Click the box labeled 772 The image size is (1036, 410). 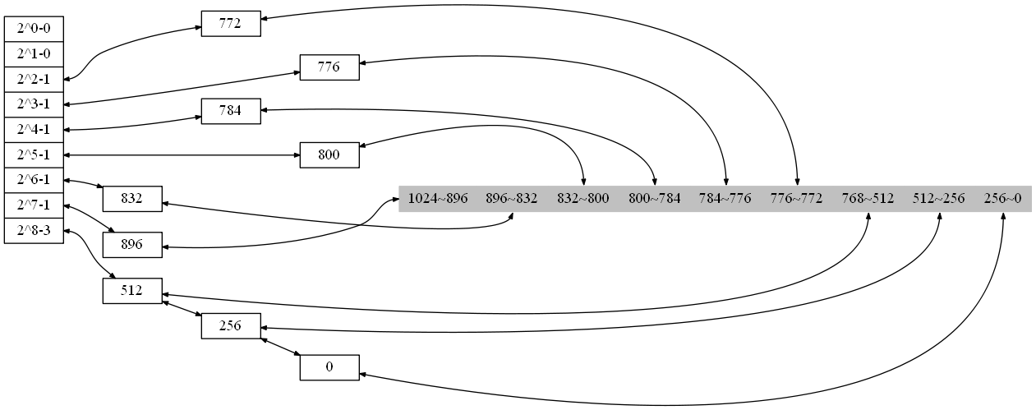231,23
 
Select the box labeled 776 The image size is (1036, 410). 329,67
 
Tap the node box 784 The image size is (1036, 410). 231,111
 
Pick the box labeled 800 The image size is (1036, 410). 329,154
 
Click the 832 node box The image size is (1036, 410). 131,198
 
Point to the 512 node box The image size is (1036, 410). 131,290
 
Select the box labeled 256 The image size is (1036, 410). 231,325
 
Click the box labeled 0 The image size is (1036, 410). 329,367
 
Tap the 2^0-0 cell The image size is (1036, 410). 34,29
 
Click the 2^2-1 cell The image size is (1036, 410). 34,79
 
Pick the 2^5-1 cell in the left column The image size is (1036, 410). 34,154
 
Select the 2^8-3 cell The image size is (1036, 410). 34,230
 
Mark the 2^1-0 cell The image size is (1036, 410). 34,54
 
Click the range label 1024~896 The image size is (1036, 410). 437,198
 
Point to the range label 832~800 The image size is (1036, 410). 582,198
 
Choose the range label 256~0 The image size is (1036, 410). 1002,198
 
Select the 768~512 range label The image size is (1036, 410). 868,198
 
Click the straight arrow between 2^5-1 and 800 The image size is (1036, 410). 181,154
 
